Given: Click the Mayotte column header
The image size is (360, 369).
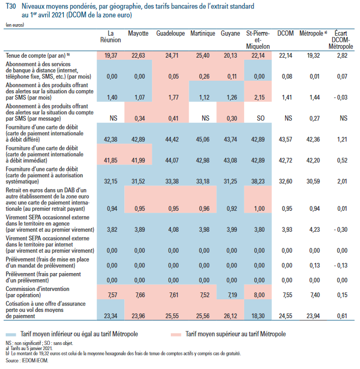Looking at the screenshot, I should coord(138,34).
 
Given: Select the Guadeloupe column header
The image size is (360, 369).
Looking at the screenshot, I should coord(170,34).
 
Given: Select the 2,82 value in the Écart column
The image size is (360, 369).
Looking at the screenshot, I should coord(343,55).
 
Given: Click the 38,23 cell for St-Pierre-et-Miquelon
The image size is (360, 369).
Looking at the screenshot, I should coord(259,181).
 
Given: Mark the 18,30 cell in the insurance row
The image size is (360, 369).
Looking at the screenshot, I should coord(259,316).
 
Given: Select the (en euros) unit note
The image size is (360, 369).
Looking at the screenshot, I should coord(16,25).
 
